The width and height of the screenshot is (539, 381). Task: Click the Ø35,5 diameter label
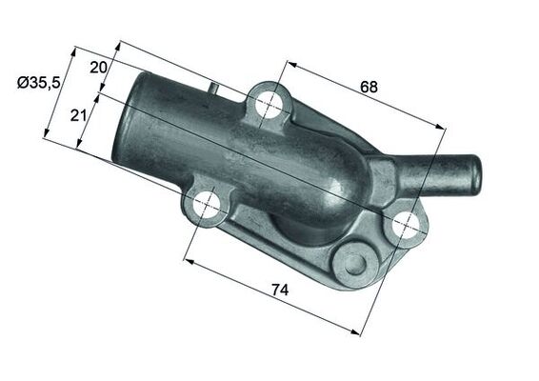38,83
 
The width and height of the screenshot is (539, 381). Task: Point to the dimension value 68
369,86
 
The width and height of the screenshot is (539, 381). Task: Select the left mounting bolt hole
207,206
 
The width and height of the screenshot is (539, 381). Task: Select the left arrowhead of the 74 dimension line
187,259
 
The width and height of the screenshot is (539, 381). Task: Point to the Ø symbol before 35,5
22,83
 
